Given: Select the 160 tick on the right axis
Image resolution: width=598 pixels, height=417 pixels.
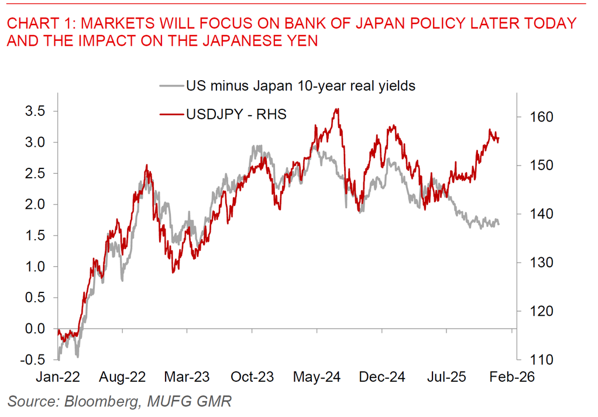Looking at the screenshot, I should (541, 117).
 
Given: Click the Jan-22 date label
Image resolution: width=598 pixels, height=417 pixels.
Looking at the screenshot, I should (59, 377).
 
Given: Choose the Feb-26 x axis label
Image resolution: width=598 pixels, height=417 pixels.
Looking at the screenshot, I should (512, 377).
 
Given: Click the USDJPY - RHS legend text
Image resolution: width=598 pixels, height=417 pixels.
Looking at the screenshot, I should (236, 114).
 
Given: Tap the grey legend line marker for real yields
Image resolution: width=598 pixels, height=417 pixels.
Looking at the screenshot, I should (171, 86).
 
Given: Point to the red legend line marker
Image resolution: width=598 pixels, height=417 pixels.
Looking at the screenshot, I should (171, 114).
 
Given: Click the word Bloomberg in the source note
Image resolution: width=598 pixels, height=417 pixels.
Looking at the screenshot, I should (99, 401).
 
